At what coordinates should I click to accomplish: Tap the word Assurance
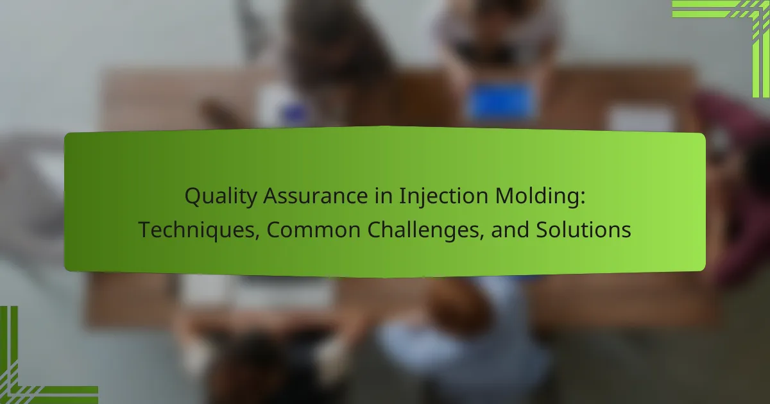pyautogui.click(x=316, y=196)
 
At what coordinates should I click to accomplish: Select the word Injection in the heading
pyautogui.click(x=443, y=197)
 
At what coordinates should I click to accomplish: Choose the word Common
pyautogui.click(x=313, y=230)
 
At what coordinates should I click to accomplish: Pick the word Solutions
pyautogui.click(x=583, y=230)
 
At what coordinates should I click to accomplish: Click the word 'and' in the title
pyautogui.click(x=510, y=230)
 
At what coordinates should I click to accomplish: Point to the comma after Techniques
pyautogui.click(x=257, y=237)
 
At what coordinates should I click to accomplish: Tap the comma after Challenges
pyautogui.click(x=482, y=237)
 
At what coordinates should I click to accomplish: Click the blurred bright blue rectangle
pyautogui.click(x=501, y=102)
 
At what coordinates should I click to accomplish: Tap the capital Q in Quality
pyautogui.click(x=194, y=197)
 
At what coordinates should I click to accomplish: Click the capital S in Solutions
pyautogui.click(x=543, y=230)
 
